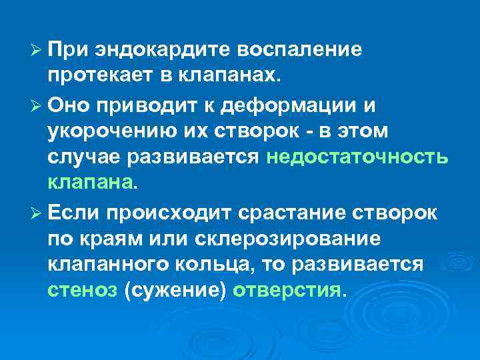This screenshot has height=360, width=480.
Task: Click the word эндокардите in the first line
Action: pos(151,51)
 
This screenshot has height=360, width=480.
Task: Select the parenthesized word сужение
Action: pos(175,291)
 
